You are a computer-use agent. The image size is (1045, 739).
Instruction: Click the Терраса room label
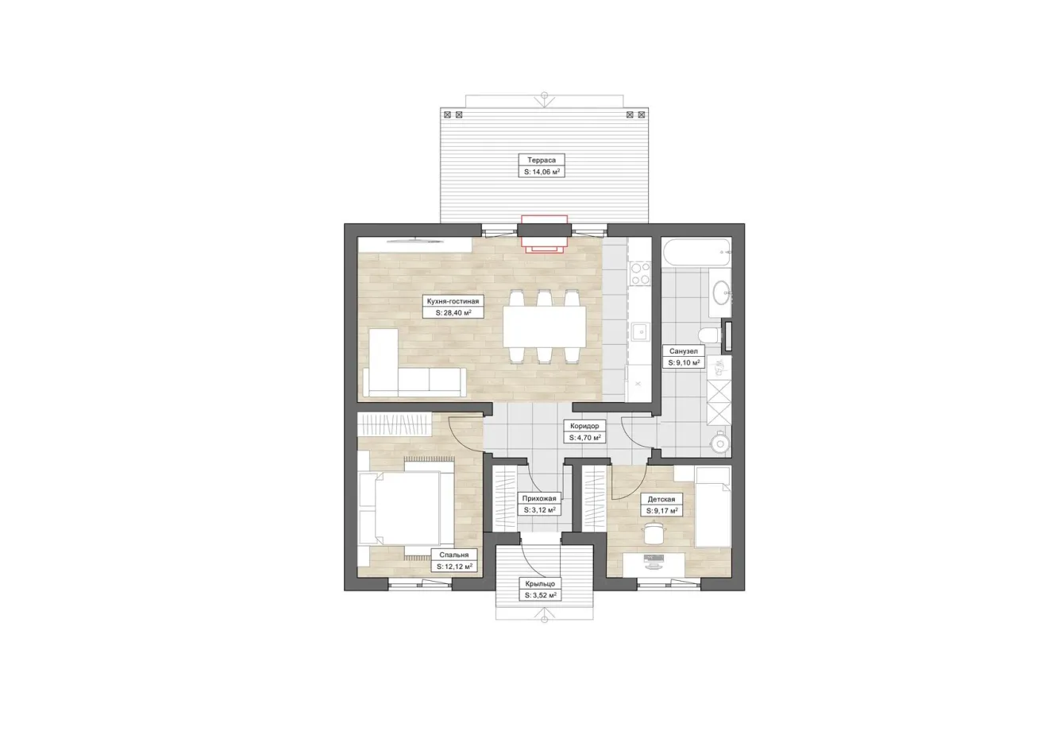[542, 161]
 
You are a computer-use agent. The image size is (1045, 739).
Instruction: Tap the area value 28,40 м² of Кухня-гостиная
[453, 313]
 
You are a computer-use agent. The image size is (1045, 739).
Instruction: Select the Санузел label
[684, 350]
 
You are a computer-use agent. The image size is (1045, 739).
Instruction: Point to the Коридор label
[584, 426]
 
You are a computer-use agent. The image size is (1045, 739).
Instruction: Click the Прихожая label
[539, 498]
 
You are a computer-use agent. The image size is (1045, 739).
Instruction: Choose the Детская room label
[661, 499]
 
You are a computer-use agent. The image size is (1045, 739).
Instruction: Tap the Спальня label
[454, 555]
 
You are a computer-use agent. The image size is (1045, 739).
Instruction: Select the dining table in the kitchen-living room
[545, 326]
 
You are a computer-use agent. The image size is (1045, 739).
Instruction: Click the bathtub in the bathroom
[696, 253]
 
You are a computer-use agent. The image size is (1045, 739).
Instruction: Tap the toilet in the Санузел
[711, 335]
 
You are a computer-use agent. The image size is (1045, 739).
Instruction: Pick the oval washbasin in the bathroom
[721, 292]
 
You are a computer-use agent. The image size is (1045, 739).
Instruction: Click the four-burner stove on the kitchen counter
[640, 273]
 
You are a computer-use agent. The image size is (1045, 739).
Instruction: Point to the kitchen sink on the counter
[641, 332]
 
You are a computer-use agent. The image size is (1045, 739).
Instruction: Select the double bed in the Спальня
[406, 508]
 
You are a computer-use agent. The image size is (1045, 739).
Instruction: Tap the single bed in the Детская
[712, 507]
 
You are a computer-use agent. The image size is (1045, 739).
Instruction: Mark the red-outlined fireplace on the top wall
[545, 234]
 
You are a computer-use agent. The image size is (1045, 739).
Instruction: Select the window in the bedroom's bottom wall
[420, 585]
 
